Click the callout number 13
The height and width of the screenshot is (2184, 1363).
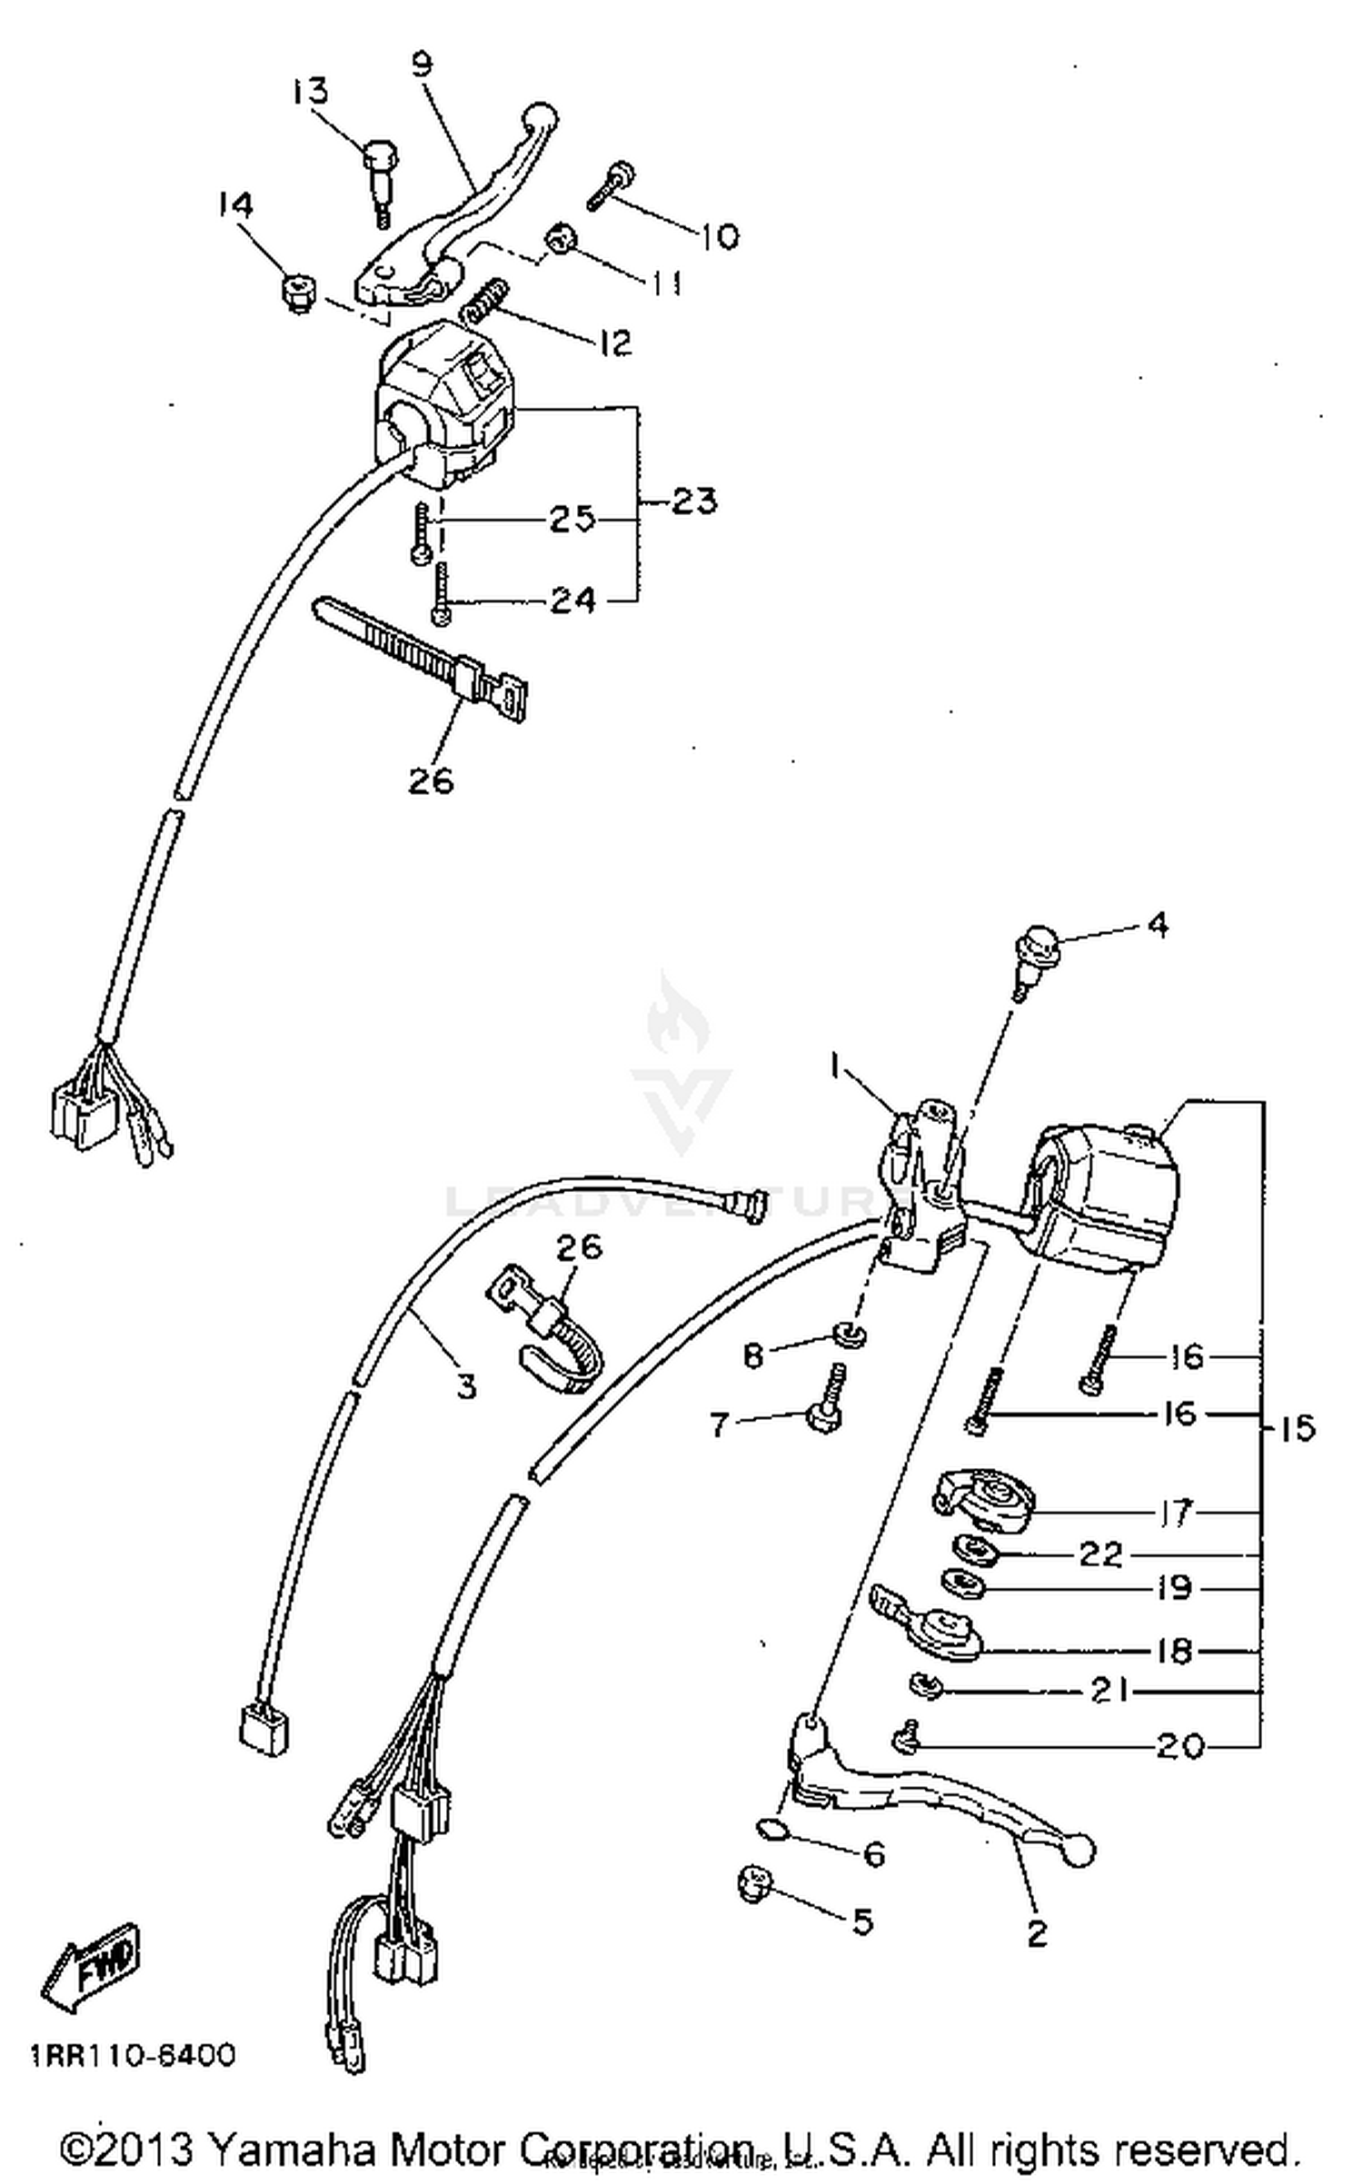pyautogui.click(x=309, y=92)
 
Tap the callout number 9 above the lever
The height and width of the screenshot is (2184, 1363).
pyautogui.click(x=422, y=65)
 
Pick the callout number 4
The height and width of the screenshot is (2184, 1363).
pyautogui.click(x=1157, y=925)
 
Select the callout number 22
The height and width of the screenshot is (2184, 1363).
pyautogui.click(x=1100, y=1554)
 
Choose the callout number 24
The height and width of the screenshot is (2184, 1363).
pyautogui.click(x=572, y=601)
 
